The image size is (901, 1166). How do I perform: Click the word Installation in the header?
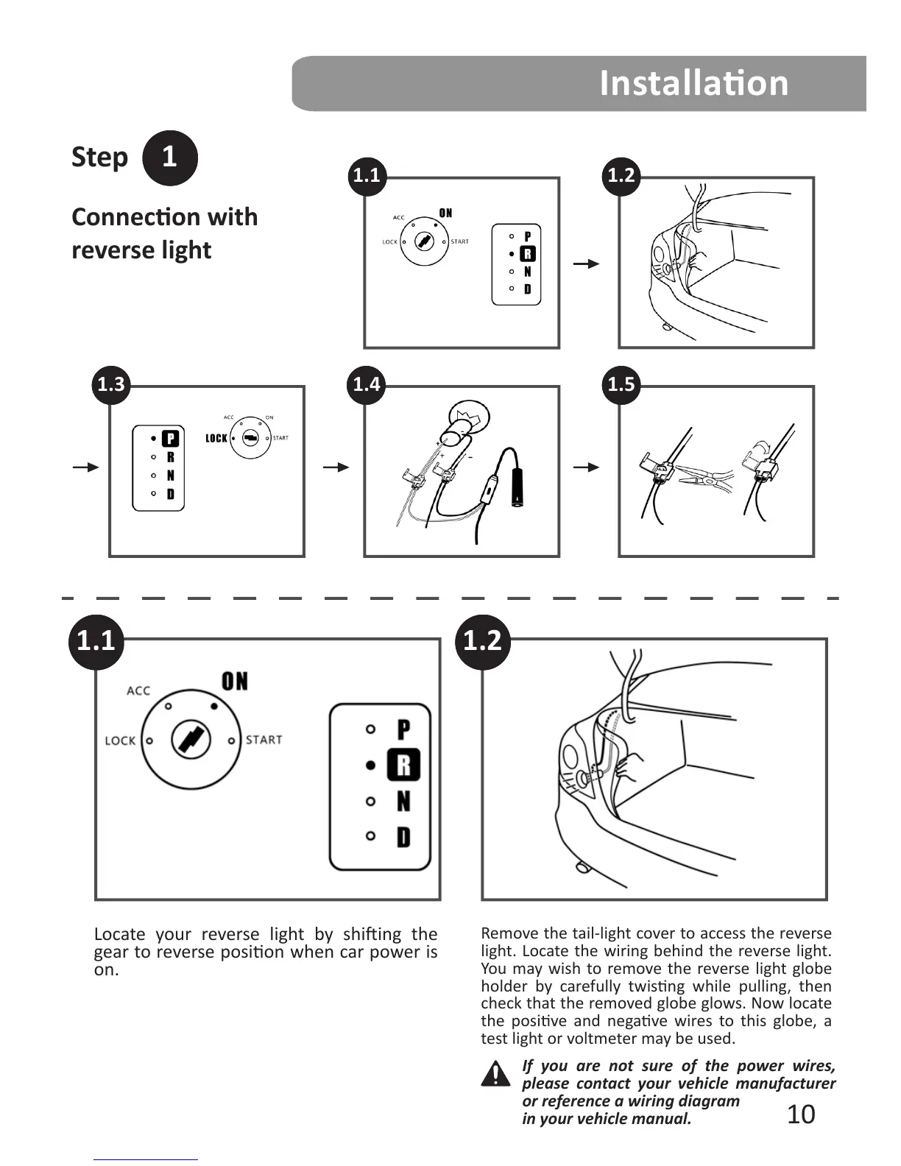(693, 83)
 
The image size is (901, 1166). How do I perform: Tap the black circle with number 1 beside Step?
(169, 158)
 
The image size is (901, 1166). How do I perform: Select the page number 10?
(801, 1114)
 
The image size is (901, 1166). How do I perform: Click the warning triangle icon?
(496, 1074)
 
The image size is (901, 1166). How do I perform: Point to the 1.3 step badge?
(111, 384)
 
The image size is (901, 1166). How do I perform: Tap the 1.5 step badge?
(621, 384)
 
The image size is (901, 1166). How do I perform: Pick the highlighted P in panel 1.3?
(170, 439)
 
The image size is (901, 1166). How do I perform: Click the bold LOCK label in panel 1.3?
(216, 439)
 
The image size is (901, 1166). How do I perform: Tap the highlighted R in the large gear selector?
(403, 765)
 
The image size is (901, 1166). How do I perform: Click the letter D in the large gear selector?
(403, 837)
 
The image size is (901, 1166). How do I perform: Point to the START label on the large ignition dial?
(264, 740)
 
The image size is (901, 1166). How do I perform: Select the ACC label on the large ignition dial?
(138, 690)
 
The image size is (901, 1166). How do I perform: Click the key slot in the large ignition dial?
(190, 740)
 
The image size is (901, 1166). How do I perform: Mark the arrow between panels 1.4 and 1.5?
(586, 467)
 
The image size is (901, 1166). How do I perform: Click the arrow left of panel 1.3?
(85, 467)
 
